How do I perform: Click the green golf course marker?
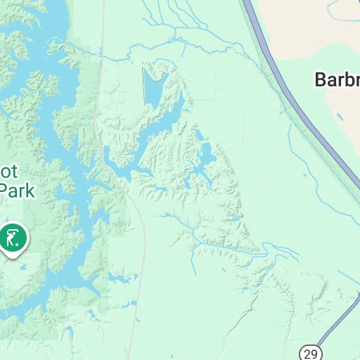(13, 238)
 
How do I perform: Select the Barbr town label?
(337, 79)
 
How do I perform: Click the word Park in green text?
(15, 191)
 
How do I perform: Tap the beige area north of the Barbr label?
(302, 35)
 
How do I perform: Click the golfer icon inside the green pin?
(13, 238)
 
